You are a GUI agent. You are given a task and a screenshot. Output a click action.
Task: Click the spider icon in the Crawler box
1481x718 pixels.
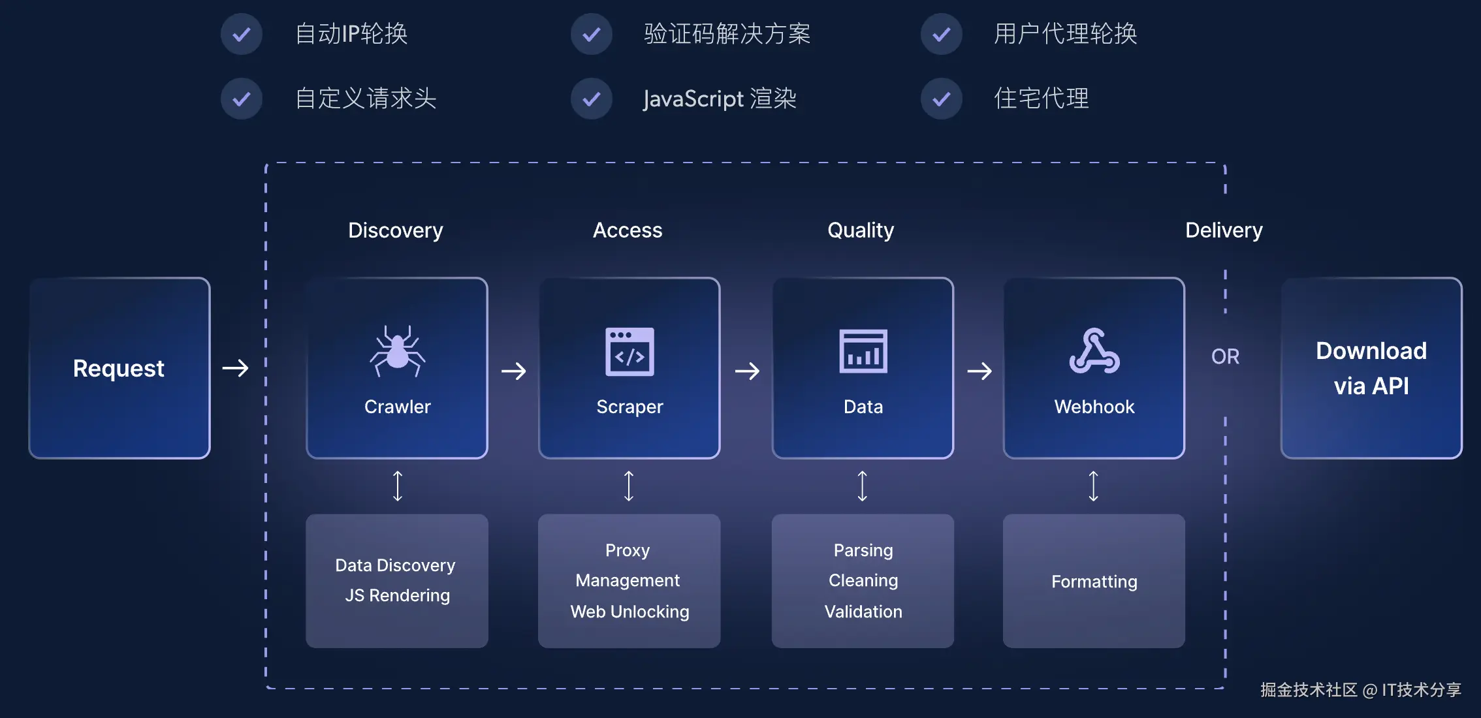tap(397, 351)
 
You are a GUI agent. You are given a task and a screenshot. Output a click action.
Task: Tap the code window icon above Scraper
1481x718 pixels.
tap(629, 352)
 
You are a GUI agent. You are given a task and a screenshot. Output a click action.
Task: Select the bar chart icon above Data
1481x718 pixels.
tap(863, 351)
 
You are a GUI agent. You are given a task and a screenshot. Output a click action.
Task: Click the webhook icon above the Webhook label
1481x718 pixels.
tap(1094, 351)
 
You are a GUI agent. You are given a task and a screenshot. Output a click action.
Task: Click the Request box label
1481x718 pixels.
tap(119, 368)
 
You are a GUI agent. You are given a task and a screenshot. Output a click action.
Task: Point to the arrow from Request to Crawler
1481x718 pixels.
tap(236, 368)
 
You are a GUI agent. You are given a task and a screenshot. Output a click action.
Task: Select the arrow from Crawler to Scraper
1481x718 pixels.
tap(514, 371)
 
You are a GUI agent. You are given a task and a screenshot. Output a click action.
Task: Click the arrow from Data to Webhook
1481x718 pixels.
tap(979, 371)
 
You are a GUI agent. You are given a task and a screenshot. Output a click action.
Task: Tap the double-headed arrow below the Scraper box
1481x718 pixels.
tap(629, 486)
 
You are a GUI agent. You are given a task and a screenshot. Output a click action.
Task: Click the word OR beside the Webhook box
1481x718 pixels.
tap(1225, 356)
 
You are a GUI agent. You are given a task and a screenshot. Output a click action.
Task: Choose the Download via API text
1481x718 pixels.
tap(1371, 368)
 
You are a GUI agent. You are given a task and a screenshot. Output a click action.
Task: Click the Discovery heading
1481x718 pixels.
tap(395, 230)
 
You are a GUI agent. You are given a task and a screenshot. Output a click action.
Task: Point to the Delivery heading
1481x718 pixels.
tap(1224, 230)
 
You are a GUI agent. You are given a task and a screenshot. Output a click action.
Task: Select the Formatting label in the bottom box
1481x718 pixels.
tap(1094, 581)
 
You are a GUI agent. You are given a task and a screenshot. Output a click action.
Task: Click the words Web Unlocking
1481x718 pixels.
tap(629, 612)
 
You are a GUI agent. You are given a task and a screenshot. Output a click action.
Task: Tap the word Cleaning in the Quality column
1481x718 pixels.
tap(863, 580)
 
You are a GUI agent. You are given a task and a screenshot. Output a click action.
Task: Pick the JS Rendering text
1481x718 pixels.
tap(397, 595)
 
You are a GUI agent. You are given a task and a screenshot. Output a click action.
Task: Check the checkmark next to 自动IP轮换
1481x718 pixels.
tap(242, 34)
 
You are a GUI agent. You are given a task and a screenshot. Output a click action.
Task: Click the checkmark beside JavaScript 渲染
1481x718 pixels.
tap(592, 99)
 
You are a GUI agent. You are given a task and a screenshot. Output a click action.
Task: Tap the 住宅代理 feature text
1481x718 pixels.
tap(1041, 99)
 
